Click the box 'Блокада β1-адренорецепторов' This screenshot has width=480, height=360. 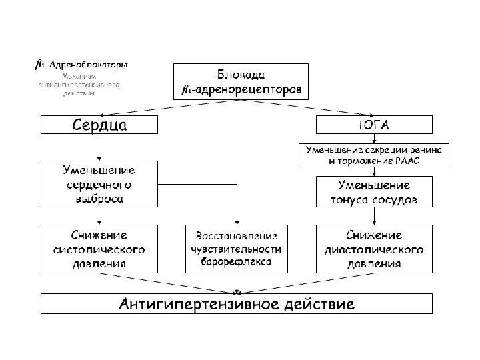241,81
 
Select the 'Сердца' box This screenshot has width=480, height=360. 100,125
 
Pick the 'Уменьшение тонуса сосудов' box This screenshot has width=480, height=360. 374,191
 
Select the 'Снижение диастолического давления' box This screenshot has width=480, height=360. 374,249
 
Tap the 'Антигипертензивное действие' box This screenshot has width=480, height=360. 237,303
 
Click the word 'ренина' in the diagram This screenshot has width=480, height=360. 431,149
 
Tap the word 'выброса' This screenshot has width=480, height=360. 99,198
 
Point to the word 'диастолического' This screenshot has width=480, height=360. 374,249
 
